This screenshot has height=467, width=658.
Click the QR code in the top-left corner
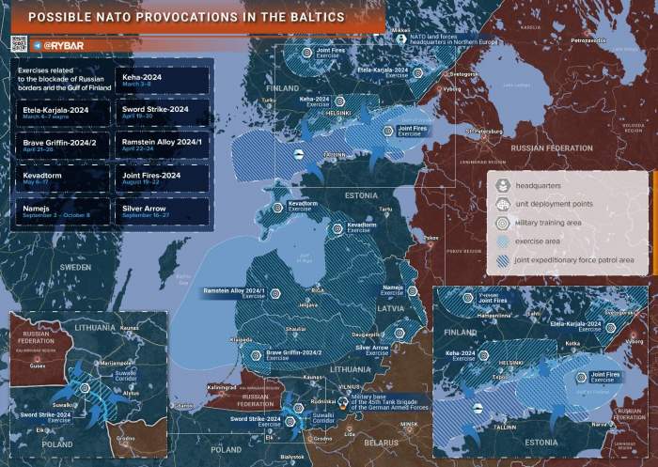pyautogui.click(x=16, y=42)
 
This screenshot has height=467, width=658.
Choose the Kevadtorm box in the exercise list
pyautogui.click(x=61, y=178)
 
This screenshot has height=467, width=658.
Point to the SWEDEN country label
pyautogui.click(x=75, y=267)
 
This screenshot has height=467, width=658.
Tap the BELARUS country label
pyautogui.click(x=382, y=442)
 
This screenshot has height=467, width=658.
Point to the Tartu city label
pyautogui.click(x=384, y=209)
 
